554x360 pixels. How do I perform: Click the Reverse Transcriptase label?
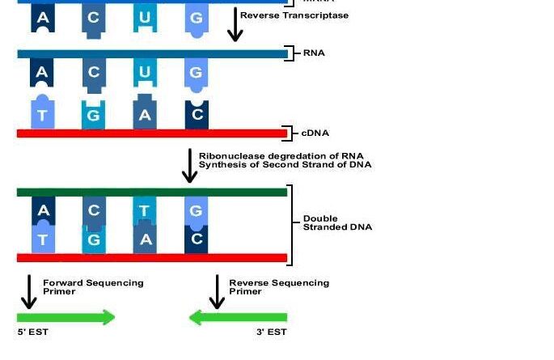tap(294, 15)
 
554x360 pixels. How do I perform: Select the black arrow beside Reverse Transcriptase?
tap(235, 24)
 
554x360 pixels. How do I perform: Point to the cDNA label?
tap(316, 133)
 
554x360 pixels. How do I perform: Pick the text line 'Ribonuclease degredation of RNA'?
tap(274, 155)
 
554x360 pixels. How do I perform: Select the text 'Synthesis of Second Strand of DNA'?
tap(285, 164)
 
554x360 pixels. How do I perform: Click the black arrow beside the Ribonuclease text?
tap(189, 165)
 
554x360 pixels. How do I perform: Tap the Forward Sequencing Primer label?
tap(93, 287)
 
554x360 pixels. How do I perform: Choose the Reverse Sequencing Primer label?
tap(279, 287)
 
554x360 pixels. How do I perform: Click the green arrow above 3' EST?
tap(238, 317)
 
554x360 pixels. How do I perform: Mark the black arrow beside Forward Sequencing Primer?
tap(29, 292)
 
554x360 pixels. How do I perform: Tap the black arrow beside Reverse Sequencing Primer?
tap(216, 292)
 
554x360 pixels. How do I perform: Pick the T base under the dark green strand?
tap(143, 212)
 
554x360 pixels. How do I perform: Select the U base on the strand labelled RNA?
tap(145, 73)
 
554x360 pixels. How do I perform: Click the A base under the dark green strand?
tap(43, 212)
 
